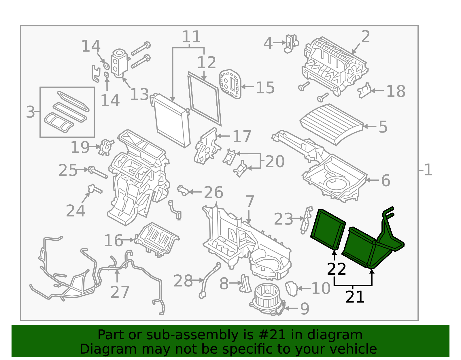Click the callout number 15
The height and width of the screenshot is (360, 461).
[x=265, y=88]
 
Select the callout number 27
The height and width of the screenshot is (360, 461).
[x=120, y=292]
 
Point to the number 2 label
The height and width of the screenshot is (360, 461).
[x=365, y=37]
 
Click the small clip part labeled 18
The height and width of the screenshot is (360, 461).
[x=364, y=91]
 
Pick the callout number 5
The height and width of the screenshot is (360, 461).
[x=383, y=127]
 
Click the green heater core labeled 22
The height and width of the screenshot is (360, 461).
[x=328, y=229]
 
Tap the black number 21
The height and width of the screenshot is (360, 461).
[x=355, y=297]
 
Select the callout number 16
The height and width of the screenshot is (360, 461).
[x=114, y=240]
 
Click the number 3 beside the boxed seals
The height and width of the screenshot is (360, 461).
[x=30, y=112]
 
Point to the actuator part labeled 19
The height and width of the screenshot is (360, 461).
[x=106, y=147]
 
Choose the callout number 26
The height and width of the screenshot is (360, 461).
[x=214, y=193]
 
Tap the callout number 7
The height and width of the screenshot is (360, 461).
[x=250, y=201]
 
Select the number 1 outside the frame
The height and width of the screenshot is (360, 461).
[x=428, y=170]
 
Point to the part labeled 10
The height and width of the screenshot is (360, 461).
[x=291, y=289]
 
